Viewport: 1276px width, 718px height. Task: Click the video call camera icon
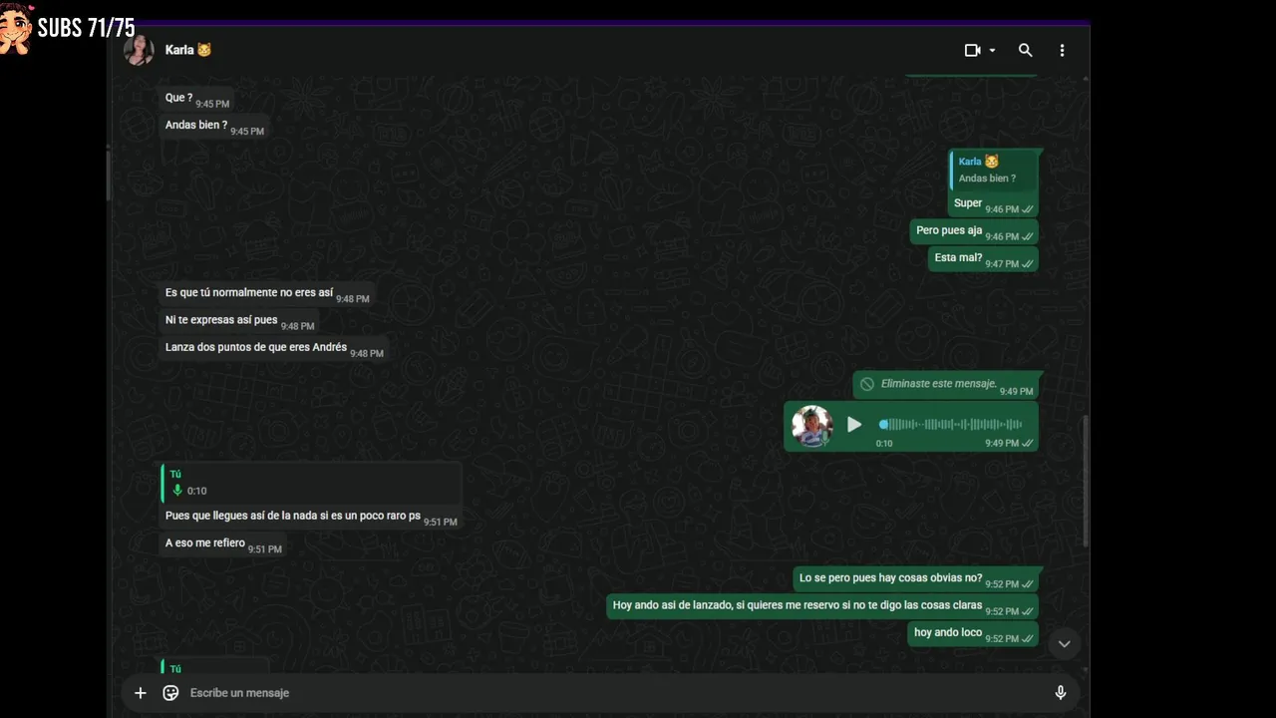tap(972, 50)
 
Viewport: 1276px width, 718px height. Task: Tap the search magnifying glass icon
tap(1026, 50)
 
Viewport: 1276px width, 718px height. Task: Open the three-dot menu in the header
tap(1062, 50)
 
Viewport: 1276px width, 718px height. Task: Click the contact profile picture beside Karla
tap(139, 50)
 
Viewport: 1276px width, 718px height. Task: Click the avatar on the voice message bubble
tap(811, 426)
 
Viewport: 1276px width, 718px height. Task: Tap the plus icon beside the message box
tap(141, 692)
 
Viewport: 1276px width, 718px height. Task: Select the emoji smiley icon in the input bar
tap(170, 692)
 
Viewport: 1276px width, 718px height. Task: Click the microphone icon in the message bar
tap(1060, 692)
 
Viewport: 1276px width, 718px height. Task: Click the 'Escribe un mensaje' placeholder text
tap(240, 693)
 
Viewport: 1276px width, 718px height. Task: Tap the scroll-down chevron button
tap(1064, 644)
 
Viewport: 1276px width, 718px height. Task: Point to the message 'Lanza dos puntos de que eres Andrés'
tap(256, 347)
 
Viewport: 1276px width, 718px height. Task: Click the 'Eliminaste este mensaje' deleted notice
tap(939, 384)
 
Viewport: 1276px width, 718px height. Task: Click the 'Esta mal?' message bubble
tap(983, 259)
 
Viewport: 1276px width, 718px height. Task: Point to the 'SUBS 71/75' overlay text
tap(86, 27)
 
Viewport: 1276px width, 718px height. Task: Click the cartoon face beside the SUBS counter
tap(15, 29)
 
